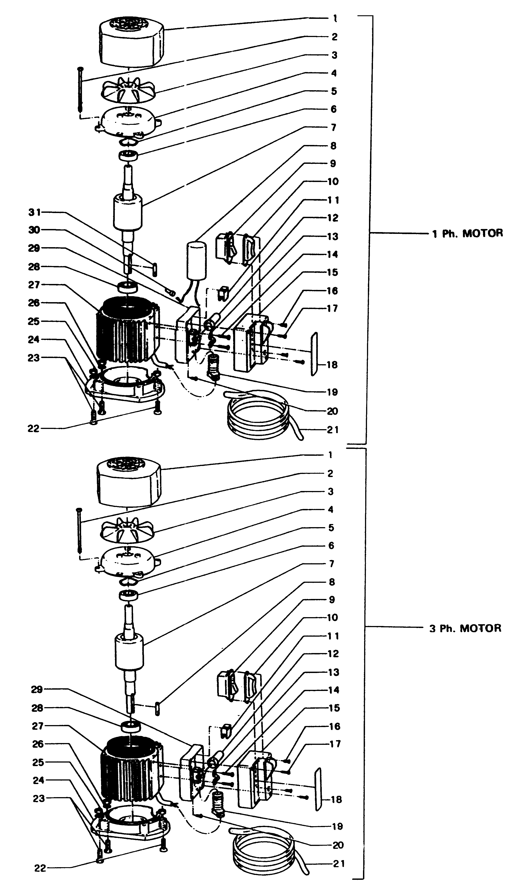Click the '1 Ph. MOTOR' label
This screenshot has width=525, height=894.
(467, 233)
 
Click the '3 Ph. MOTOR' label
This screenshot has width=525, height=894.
(465, 628)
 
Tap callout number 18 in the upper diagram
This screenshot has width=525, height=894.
(332, 364)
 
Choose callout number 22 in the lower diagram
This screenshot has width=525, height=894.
(40, 868)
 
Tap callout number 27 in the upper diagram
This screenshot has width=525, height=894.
(34, 285)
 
